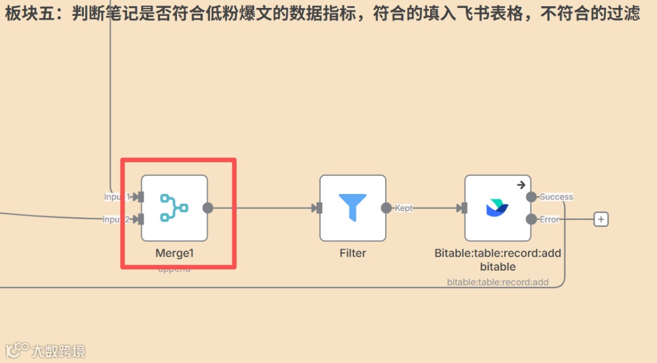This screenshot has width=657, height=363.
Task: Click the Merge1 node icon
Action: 174,207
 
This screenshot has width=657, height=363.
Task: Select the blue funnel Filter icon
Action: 353,207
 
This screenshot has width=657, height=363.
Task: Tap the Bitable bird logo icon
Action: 498,208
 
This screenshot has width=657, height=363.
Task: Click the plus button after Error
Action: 601,220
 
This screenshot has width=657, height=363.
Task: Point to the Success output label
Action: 556,197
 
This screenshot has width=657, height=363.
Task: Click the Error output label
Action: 549,220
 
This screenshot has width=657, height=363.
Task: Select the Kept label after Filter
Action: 404,208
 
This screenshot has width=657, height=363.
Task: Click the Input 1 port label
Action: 117,197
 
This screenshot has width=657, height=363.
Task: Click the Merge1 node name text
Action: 174,253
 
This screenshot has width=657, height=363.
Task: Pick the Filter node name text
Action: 353,253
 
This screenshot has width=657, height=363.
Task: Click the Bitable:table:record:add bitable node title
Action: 498,260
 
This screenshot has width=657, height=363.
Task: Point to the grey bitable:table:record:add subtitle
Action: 498,282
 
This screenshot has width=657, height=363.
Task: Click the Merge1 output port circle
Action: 208,208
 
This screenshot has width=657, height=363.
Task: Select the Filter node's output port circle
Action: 386,208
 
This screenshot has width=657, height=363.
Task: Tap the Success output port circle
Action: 531,197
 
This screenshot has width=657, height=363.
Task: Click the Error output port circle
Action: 531,220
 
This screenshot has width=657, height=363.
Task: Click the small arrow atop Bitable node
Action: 521,185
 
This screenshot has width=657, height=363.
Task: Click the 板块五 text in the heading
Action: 31,14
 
